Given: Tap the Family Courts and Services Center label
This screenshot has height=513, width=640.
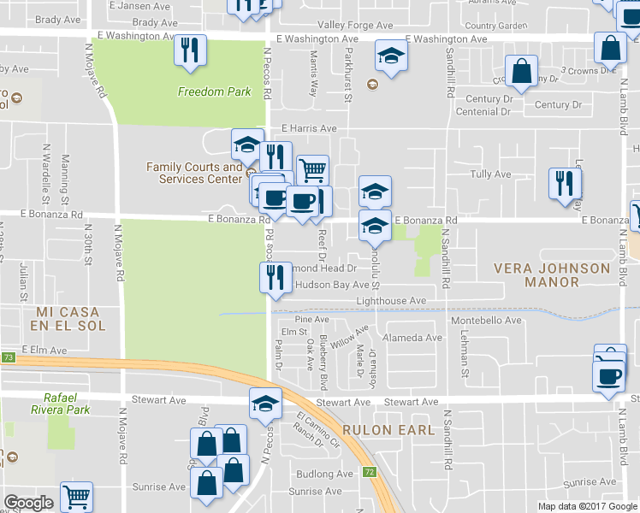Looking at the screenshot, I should pos(194,173).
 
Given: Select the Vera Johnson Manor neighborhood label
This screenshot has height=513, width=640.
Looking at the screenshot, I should pos(552,275).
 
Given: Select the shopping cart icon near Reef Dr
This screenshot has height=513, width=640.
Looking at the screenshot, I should pos(312,170).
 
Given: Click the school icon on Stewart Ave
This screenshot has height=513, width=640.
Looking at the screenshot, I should pos(265,403).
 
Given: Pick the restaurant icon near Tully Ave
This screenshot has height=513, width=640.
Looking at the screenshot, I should pos(565,184).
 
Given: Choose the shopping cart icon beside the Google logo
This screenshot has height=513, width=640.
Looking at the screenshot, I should pos(77,495).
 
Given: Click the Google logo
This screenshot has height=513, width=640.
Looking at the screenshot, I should pos(28,503).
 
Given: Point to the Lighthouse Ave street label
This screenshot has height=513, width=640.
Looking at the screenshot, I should pos(390,302).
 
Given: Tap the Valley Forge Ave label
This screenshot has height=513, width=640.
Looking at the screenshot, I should pos(347,26).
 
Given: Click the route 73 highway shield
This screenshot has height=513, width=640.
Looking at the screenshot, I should pos(8,357).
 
